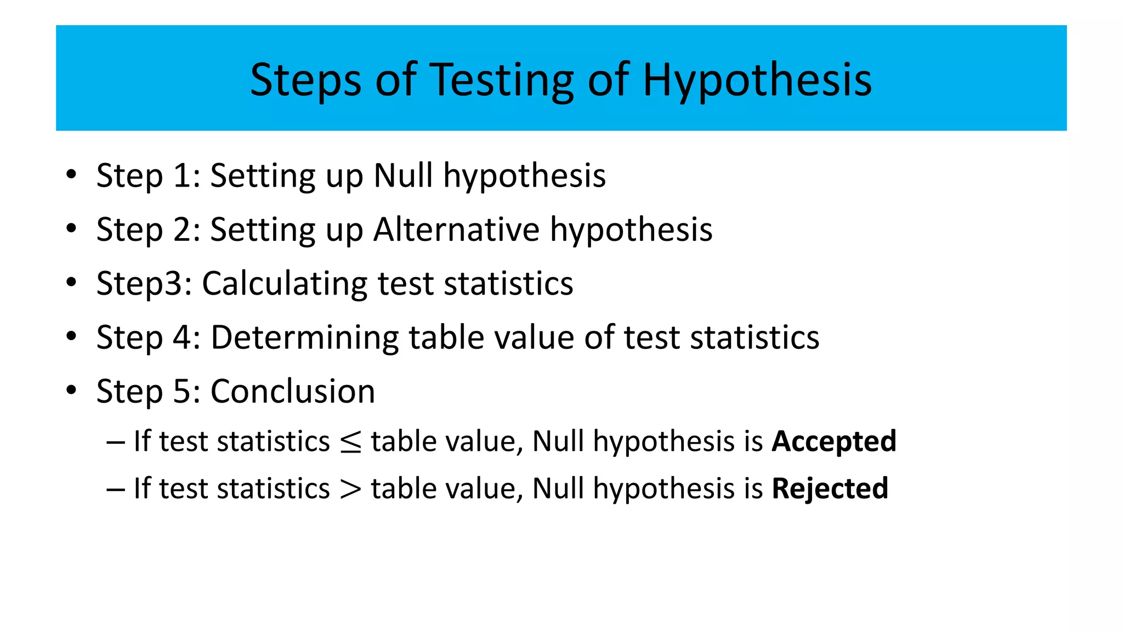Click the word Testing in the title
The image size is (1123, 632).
coord(502,80)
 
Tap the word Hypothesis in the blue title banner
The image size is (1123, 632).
coord(757,80)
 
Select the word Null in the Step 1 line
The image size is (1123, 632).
coord(403,176)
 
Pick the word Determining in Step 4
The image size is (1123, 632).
coord(304,337)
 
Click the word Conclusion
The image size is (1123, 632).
coord(293,391)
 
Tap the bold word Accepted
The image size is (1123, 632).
coord(833,441)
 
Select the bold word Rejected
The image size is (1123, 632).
coord(830,488)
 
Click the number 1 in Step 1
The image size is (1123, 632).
coord(182,176)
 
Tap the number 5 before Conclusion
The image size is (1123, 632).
coord(182,391)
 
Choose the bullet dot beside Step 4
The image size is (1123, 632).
coord(71,336)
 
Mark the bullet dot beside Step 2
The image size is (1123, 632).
coord(71,228)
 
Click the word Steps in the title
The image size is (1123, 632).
coord(305,80)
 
